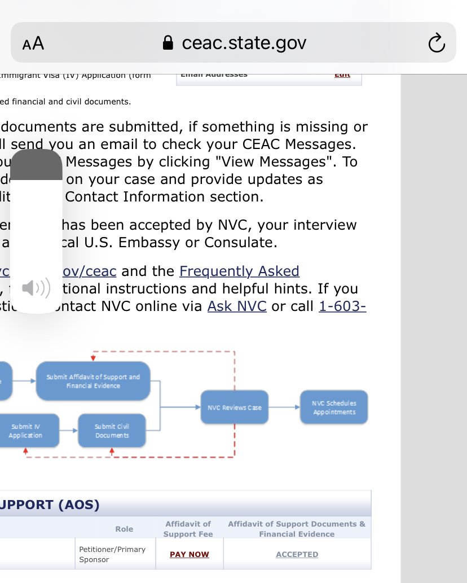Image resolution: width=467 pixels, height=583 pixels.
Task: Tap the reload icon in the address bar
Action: tap(437, 43)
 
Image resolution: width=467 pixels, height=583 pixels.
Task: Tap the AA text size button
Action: tap(33, 43)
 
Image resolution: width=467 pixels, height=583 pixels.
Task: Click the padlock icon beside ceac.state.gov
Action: tap(168, 43)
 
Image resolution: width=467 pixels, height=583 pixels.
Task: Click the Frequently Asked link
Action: tap(239, 271)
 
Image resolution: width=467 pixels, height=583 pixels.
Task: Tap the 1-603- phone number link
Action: tap(342, 306)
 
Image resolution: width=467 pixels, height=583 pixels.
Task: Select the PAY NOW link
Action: tap(190, 555)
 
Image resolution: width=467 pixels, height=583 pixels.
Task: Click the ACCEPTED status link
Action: tap(297, 555)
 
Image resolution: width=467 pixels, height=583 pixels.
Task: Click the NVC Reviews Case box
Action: tap(235, 407)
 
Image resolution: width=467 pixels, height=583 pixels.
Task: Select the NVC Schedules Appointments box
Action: tap(334, 407)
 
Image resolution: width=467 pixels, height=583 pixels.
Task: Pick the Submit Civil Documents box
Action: tap(112, 431)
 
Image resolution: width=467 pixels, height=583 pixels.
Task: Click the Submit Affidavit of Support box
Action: tap(93, 381)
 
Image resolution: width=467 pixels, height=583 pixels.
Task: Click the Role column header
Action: tap(124, 529)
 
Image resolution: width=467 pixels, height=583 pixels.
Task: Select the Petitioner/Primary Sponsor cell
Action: tap(112, 554)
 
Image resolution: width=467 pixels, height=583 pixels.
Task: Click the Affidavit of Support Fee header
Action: tap(188, 529)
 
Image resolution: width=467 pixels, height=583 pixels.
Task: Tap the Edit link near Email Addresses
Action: tap(342, 74)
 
